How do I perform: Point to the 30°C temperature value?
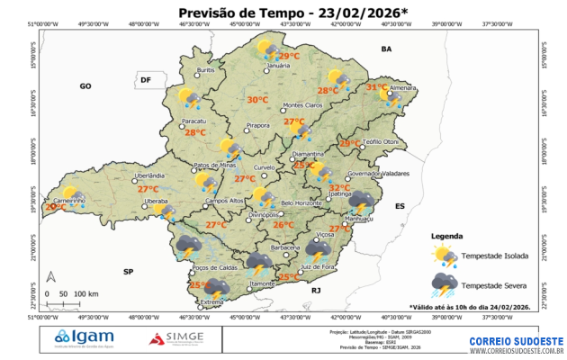pos(257,100)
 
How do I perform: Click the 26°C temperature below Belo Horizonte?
pos(283,225)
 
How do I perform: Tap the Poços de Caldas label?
pos(214,267)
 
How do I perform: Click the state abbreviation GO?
pos(86,85)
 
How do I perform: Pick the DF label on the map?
pos(146,80)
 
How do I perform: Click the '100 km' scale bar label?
pos(86,294)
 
